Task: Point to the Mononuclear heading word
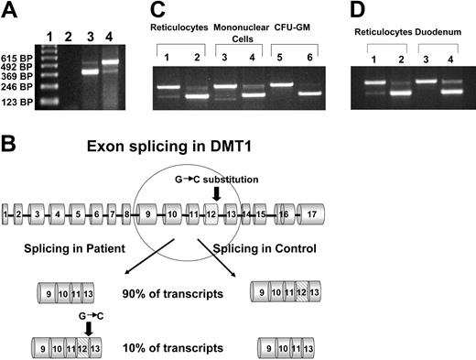coord(235,35)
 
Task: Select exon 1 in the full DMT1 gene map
coord(6,214)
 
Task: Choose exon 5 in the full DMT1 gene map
coord(80,214)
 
